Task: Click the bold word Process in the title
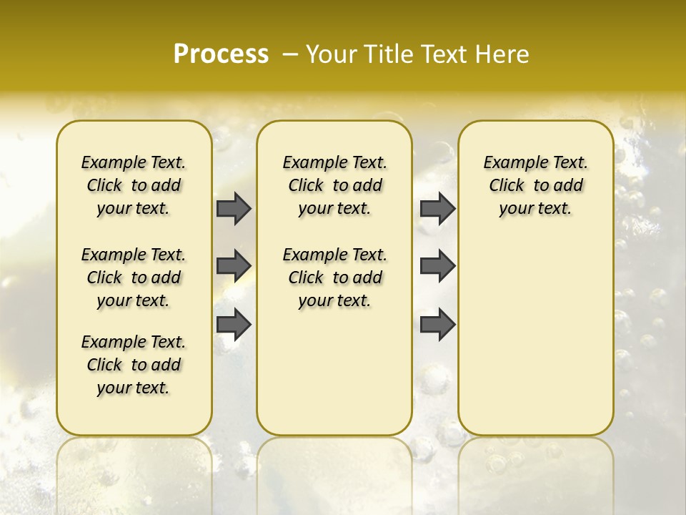click(221, 54)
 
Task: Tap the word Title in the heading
click(389, 54)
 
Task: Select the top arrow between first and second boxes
click(234, 208)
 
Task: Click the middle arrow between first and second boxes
click(234, 265)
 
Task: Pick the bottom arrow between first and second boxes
click(234, 324)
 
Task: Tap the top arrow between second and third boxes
click(437, 208)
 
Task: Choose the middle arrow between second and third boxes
click(437, 265)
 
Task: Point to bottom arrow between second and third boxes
click(437, 324)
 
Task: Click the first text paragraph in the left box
click(134, 185)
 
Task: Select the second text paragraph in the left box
click(134, 278)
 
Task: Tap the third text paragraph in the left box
click(134, 365)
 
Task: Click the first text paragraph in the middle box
click(334, 185)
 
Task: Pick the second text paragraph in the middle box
click(334, 278)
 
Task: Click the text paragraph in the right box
click(536, 185)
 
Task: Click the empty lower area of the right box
click(536, 336)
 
